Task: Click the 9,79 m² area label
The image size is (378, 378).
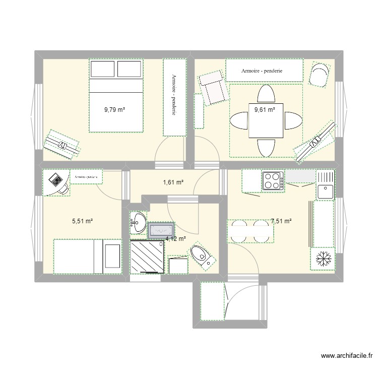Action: pyautogui.click(x=114, y=109)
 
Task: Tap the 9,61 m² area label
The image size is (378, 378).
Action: pyautogui.click(x=265, y=109)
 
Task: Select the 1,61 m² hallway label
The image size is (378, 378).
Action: pyautogui.click(x=171, y=182)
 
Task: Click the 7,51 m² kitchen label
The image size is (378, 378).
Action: pyautogui.click(x=281, y=221)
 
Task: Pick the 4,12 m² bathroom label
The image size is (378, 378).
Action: pyautogui.click(x=175, y=239)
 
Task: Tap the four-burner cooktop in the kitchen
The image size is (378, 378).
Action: pyautogui.click(x=273, y=181)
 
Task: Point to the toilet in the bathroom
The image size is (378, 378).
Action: pyautogui.click(x=202, y=256)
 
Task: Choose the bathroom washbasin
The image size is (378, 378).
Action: pyautogui.click(x=138, y=221)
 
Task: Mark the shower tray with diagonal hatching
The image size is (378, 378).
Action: pyautogui.click(x=147, y=257)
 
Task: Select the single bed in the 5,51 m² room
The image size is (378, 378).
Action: pyautogui.click(x=88, y=257)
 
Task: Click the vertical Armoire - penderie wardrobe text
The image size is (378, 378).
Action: pyautogui.click(x=173, y=96)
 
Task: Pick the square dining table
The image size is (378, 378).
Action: pyautogui.click(x=266, y=120)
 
